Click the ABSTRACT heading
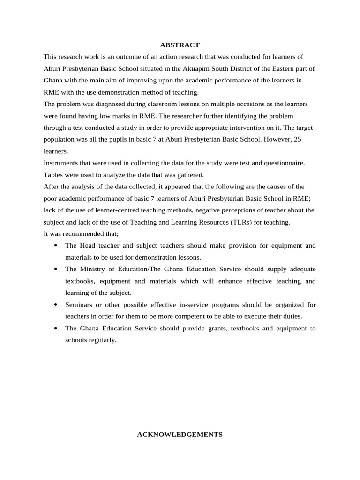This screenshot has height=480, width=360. tap(180, 45)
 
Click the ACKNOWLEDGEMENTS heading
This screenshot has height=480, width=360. tap(180, 435)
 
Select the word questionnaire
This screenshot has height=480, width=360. tap(284, 163)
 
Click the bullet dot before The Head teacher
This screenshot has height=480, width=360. tap(56, 246)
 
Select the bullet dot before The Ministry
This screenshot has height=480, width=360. tap(56, 269)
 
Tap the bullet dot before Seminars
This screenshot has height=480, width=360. tap(56, 305)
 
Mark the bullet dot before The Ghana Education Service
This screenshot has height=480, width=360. tap(56, 328)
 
